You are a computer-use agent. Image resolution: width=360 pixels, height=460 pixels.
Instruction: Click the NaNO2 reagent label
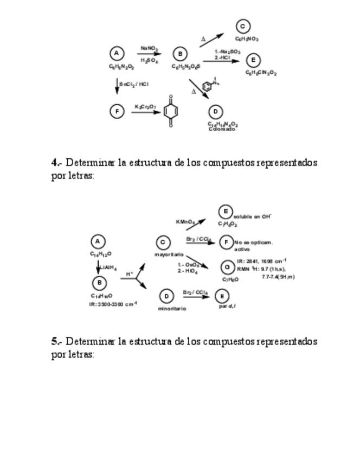coord(149,48)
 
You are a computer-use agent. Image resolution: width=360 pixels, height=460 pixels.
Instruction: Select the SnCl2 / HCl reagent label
coord(134,84)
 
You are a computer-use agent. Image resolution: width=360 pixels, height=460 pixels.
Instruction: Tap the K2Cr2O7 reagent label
coord(143,106)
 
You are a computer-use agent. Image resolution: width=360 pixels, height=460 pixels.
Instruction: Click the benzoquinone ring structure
coord(171,112)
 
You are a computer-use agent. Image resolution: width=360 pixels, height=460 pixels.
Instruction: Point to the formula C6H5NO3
coord(247,39)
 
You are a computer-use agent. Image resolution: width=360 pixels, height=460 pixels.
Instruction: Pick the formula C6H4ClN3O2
coord(261,72)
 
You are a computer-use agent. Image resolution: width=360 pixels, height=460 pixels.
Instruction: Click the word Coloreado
coord(222,129)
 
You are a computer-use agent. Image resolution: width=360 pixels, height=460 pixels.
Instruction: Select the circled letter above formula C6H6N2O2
coord(117,53)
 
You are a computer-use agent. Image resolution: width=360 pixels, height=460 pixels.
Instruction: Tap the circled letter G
coord(227,267)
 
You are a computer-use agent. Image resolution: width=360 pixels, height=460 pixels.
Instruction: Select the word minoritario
coord(172,309)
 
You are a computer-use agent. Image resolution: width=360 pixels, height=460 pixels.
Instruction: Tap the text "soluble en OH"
coord(253,216)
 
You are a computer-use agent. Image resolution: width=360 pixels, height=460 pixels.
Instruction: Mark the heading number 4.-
coord(57,162)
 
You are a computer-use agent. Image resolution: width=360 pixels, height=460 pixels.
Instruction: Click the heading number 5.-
coord(57,341)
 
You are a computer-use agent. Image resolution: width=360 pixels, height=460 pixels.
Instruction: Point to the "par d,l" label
coord(227,306)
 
